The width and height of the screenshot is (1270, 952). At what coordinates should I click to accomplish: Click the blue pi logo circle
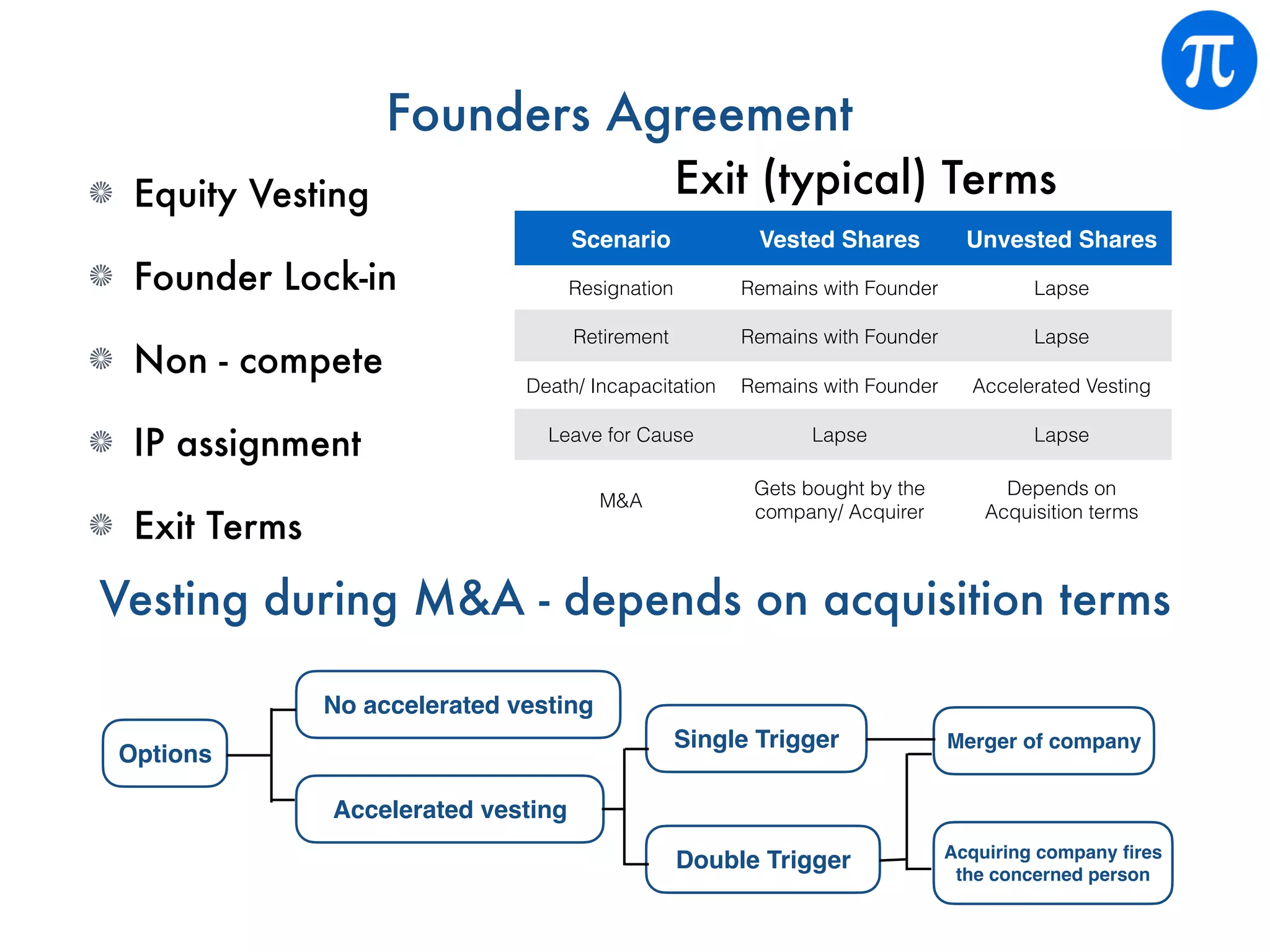point(1209,60)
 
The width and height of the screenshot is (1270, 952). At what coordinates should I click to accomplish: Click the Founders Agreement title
point(619,114)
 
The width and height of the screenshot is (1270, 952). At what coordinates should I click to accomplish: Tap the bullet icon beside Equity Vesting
point(101,193)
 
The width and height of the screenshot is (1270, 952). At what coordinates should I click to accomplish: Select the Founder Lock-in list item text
point(265,276)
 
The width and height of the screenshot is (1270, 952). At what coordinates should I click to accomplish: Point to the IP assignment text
point(247,444)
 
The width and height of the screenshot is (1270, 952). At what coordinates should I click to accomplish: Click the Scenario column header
point(620,239)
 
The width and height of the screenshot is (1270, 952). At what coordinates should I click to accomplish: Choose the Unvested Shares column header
point(1061,239)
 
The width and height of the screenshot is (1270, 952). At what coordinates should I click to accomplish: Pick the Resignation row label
point(620,288)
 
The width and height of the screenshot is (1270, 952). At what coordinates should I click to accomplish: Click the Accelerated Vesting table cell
point(1061,386)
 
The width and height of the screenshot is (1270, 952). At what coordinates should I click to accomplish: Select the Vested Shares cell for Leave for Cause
point(839,435)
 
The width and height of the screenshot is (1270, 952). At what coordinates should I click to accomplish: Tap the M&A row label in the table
point(620,500)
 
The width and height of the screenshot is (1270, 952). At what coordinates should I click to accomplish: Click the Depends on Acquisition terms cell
point(1061,500)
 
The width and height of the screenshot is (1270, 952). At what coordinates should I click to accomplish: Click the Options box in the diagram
point(165,754)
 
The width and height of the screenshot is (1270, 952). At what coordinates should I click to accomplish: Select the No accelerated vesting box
point(458,705)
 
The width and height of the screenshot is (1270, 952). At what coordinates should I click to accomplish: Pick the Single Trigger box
point(756,739)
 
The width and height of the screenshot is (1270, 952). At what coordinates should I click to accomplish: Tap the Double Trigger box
point(763,860)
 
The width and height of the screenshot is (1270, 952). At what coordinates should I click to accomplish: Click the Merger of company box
point(1044,741)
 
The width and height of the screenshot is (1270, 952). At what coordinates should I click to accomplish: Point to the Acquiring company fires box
point(1052,863)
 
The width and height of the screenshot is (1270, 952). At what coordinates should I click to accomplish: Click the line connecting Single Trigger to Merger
point(899,739)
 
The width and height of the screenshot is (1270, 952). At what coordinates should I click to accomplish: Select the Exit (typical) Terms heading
point(866,178)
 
